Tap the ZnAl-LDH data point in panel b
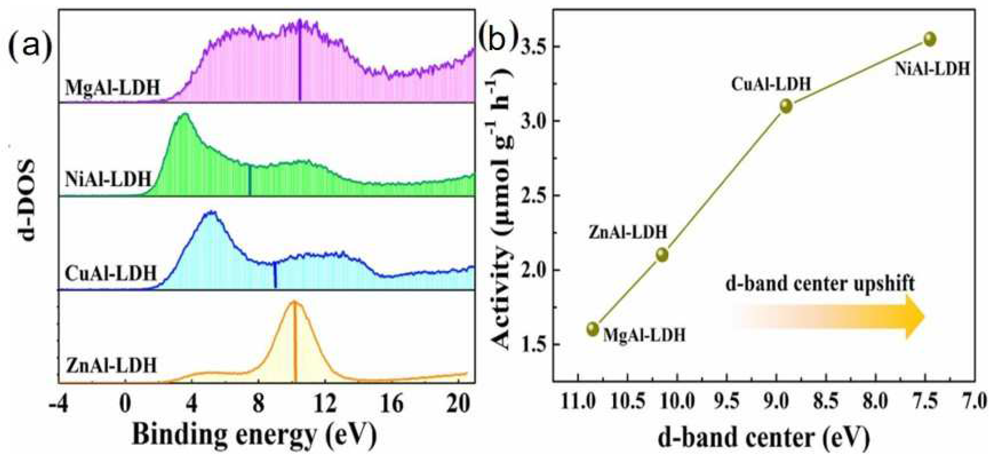click(662, 254)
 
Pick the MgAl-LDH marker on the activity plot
click(593, 329)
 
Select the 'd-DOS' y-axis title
click(27, 201)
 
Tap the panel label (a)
click(30, 47)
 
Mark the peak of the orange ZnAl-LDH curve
click(294, 301)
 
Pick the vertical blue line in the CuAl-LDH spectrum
click(275, 275)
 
